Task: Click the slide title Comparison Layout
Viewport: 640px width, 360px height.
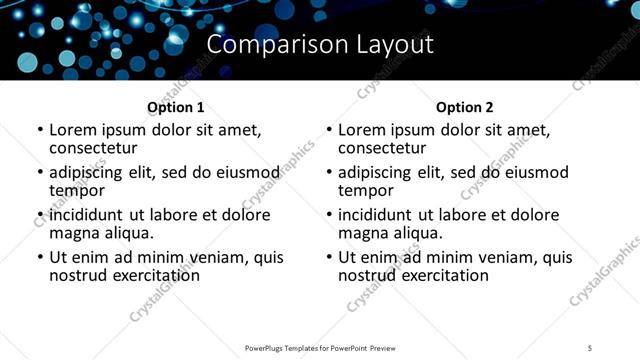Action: coord(320,45)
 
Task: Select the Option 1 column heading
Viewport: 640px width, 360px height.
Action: coord(175,107)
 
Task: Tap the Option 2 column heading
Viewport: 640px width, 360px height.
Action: coord(464,107)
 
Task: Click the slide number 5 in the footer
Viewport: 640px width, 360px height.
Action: coord(590,347)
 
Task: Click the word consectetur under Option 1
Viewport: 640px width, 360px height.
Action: coord(93,148)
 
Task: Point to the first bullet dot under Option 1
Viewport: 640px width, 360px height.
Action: coord(40,131)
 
